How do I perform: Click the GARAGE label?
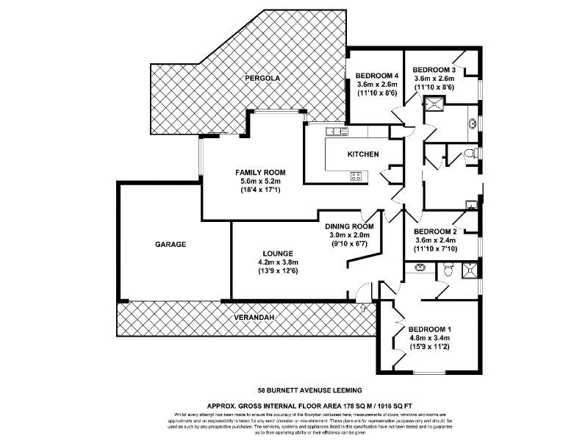point(170,244)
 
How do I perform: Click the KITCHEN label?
point(363,154)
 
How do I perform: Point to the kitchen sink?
point(337,132)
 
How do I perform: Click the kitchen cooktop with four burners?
point(358,176)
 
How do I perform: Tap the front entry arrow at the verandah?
point(364,309)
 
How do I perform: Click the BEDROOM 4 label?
point(376,76)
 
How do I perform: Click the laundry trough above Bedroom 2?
point(472,205)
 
